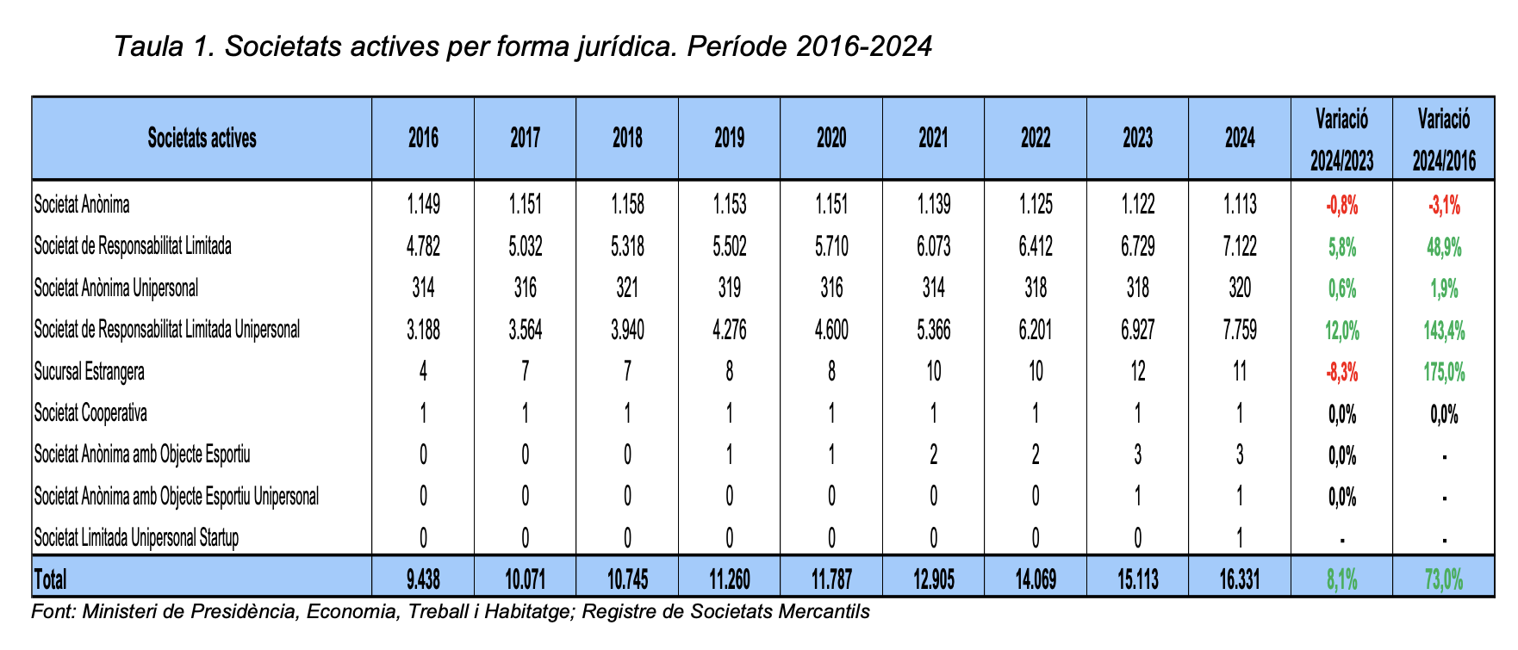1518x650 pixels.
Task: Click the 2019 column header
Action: click(x=729, y=139)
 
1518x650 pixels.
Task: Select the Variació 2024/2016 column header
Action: click(x=1444, y=139)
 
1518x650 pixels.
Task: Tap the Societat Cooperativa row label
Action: click(x=90, y=413)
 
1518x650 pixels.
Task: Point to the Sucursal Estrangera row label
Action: click(x=89, y=372)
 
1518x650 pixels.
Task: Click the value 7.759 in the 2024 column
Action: click(x=1240, y=330)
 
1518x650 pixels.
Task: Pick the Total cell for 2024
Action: click(x=1240, y=579)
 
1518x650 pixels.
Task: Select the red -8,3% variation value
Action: click(x=1342, y=372)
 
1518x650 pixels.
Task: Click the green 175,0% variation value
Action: click(x=1444, y=372)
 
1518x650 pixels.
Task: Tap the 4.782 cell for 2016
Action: click(x=423, y=247)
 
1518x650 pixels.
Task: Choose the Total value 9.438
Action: click(x=423, y=579)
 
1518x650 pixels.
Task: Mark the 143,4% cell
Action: click(x=1444, y=330)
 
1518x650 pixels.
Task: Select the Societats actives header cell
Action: click(x=202, y=139)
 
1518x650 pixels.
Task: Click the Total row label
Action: click(x=50, y=579)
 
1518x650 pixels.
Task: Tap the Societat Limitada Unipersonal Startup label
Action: click(x=136, y=538)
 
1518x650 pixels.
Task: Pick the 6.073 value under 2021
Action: click(x=933, y=247)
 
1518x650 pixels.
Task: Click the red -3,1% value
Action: click(x=1444, y=206)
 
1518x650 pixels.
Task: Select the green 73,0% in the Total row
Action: click(x=1444, y=579)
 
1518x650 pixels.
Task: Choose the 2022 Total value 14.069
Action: click(x=1035, y=579)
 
